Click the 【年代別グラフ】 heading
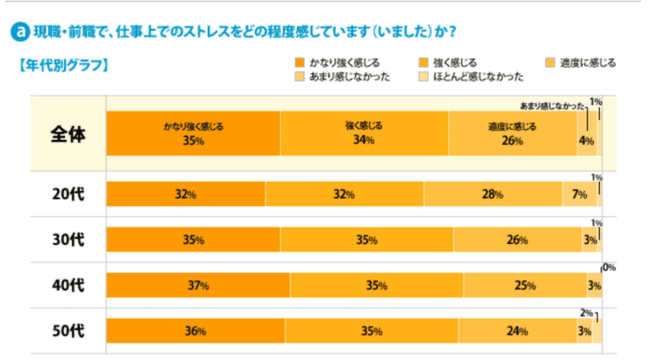coord(62,66)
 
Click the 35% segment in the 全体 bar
coord(193,134)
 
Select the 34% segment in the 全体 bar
coord(363,134)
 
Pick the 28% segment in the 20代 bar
coord(492,194)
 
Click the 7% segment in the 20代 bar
coord(579,194)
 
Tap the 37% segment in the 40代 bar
coord(198,285)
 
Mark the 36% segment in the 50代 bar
coord(196,330)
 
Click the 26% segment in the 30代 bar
coord(517,239)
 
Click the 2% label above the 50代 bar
coord(585,313)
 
